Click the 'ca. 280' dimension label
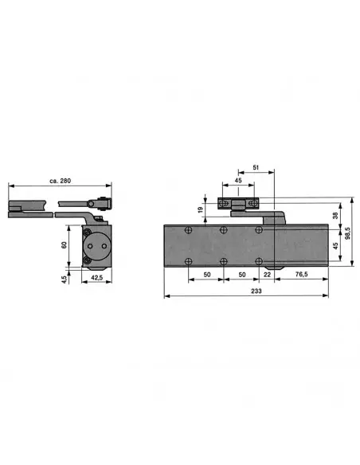[x=60, y=182]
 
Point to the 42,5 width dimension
[x=96, y=278]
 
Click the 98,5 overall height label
[x=347, y=232]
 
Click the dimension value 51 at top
[x=255, y=168]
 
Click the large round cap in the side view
[x=97, y=246]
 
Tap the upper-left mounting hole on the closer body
[x=189, y=230]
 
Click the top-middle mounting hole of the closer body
[x=224, y=230]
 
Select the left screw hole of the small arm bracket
[x=223, y=202]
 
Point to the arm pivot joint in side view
[x=100, y=203]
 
